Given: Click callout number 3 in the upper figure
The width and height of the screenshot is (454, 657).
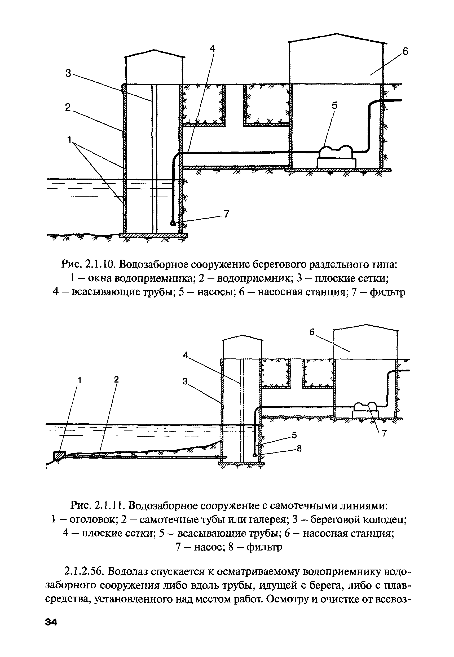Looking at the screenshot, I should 68,73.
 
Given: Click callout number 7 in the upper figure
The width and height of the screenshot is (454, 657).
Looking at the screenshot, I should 226,214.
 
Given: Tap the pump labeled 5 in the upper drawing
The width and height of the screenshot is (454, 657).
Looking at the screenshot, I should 336,155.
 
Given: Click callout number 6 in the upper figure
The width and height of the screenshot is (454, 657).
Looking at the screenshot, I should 405,52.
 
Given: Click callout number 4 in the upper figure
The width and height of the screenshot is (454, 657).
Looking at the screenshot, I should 213,48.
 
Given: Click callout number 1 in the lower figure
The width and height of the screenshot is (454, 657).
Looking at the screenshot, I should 80,380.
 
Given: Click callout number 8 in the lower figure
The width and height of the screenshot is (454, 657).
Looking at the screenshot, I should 299,448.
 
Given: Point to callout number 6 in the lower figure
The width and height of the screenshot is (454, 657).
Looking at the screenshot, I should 312,332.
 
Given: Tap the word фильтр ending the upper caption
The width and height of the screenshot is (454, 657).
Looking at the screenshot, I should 387,292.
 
